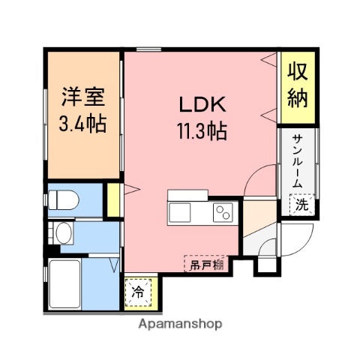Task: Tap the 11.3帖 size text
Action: [x=198, y=133]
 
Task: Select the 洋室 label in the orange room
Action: [x=82, y=97]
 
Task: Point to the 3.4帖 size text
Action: [x=82, y=122]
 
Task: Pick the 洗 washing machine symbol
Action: [x=300, y=203]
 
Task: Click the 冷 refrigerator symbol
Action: [x=139, y=291]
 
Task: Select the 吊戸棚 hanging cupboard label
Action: [x=204, y=264]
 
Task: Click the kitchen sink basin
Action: [x=182, y=213]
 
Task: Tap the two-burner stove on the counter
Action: [x=223, y=213]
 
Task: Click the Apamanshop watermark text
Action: [x=180, y=324]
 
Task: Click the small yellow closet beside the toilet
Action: [x=113, y=198]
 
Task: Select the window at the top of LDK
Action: [x=148, y=49]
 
